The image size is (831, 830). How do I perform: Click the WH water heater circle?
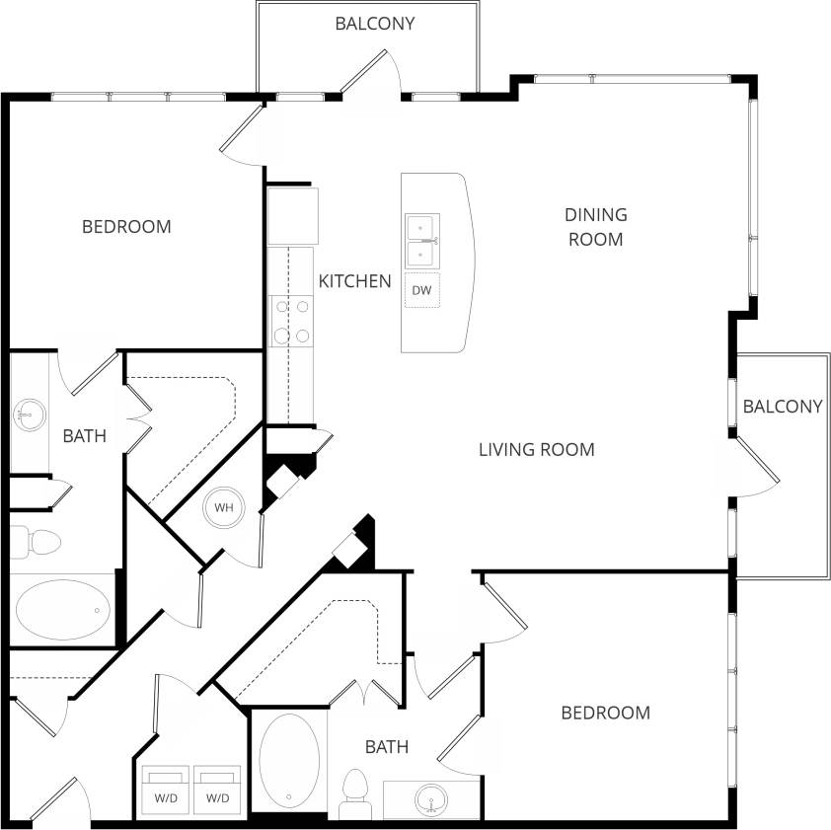224,508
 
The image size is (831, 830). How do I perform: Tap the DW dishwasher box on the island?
422,291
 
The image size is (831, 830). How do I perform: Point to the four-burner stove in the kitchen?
291,322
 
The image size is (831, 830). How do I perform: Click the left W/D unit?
166,787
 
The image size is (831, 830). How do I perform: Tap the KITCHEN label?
354,281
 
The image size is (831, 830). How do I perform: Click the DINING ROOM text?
595,226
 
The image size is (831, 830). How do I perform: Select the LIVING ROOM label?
536,450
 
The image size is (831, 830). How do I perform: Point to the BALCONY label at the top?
374,24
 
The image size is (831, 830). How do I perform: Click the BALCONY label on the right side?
782,407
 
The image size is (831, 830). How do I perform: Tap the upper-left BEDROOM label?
126,227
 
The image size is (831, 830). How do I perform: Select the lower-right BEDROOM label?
605,713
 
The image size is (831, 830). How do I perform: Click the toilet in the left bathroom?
37,542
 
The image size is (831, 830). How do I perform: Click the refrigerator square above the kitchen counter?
293,216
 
